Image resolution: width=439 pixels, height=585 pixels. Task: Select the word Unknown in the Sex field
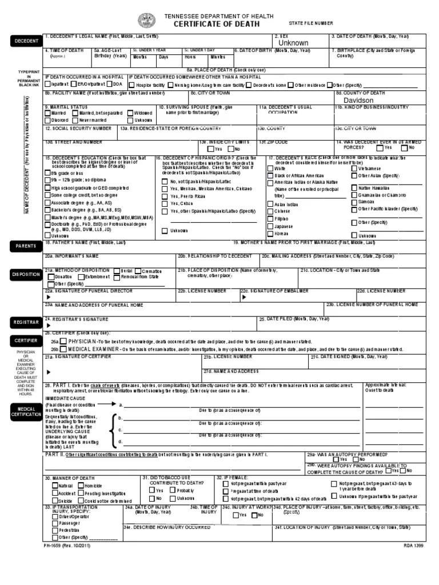pyautogui.click(x=293, y=43)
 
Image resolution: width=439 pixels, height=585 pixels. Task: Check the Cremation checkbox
pyautogui.click(x=138, y=271)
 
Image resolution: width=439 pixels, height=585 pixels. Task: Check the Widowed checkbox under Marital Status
pyautogui.click(x=131, y=113)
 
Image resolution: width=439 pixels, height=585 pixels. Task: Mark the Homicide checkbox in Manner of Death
pyautogui.click(x=81, y=485)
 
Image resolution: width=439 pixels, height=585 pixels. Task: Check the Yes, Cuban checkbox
pyautogui.click(x=165, y=203)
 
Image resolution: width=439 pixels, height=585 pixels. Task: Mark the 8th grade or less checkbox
pyautogui.click(x=48, y=173)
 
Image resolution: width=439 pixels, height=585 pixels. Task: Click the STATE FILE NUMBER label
pyautogui.click(x=310, y=23)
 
